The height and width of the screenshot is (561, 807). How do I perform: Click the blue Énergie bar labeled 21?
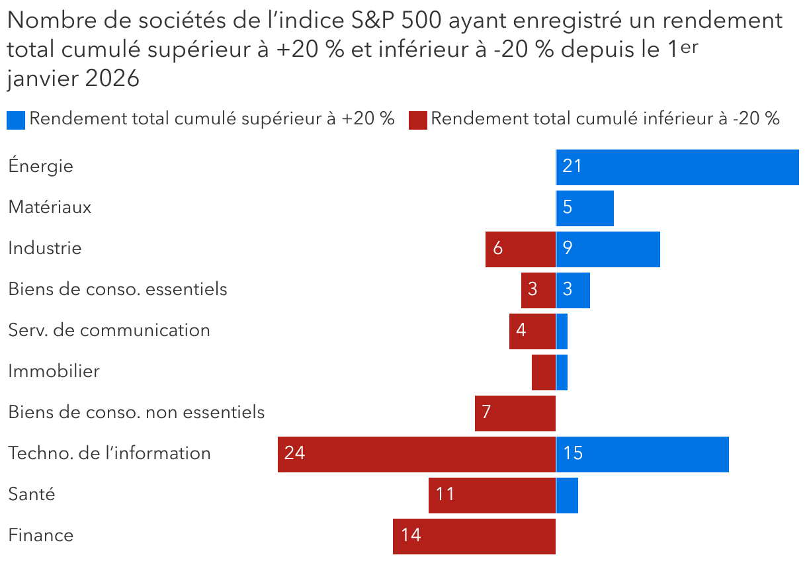coord(677,167)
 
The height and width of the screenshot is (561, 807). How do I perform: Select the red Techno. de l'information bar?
coord(417,454)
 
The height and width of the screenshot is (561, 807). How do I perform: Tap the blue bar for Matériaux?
coord(585,208)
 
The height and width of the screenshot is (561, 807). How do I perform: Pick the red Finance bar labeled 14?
coord(474,536)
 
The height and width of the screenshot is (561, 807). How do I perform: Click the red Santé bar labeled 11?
coord(492,495)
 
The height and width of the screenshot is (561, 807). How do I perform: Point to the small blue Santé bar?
coord(567,495)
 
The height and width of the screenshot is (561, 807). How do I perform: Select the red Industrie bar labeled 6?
coord(521,249)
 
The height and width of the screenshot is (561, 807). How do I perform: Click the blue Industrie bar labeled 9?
coord(608,249)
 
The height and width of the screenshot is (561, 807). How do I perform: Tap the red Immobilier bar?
coord(544,372)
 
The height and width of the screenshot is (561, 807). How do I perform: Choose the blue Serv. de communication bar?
coord(562,331)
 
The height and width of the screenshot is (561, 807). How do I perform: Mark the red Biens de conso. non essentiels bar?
coord(515,413)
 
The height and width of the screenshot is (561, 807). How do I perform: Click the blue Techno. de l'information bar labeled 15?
coord(642,454)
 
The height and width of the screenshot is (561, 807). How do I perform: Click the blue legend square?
coord(16,120)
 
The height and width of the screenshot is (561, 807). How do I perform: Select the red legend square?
coord(417,120)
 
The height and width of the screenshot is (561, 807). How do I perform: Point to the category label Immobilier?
coord(54,371)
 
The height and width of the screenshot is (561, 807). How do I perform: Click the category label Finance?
coord(40,535)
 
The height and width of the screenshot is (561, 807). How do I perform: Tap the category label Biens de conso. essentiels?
coord(117,289)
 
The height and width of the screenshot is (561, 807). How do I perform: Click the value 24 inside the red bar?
coord(294,454)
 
